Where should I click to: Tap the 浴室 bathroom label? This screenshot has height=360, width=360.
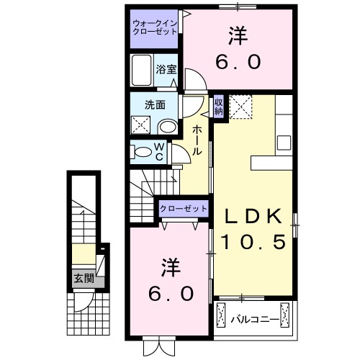tap(167, 70)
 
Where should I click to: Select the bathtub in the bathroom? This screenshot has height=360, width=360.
tap(143, 69)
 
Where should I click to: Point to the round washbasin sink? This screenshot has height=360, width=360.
tap(167, 127)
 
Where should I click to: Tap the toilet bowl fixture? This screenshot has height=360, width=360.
tap(140, 151)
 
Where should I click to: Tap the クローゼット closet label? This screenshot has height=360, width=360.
tap(184, 209)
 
